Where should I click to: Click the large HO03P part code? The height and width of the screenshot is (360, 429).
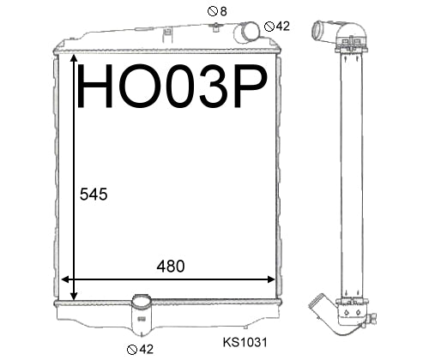[x=172, y=86]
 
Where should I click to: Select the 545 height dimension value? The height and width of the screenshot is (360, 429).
[x=94, y=195]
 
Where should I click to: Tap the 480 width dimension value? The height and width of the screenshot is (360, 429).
[x=171, y=267]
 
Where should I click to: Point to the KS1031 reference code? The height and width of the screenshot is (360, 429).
[x=245, y=342]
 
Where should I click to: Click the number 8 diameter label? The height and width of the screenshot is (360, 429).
[x=224, y=11]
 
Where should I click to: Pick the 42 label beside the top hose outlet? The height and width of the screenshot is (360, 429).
[x=283, y=27]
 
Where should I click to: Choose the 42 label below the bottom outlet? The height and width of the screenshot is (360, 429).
[x=147, y=349]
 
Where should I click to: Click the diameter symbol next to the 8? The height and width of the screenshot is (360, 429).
[x=213, y=12]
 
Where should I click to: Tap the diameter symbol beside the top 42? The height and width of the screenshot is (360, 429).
[x=269, y=27]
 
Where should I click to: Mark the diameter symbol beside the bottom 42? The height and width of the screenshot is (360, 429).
[x=132, y=350]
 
